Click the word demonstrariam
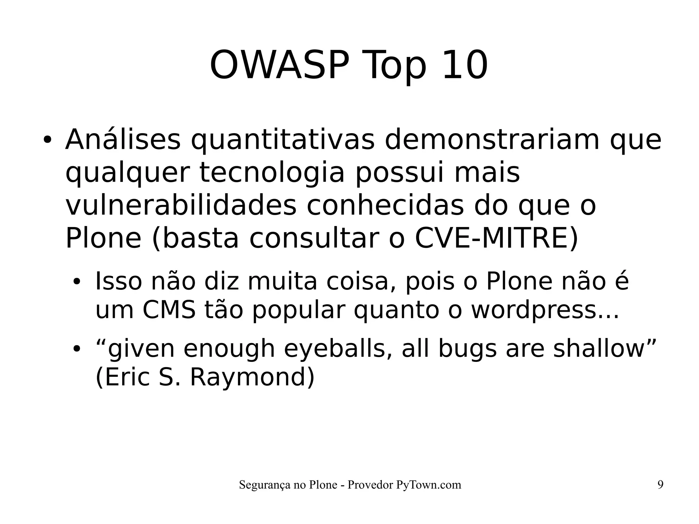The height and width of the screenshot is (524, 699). pos(492,140)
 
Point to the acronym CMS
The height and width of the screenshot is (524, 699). pos(169,310)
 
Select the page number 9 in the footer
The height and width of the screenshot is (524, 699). pos(660,485)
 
